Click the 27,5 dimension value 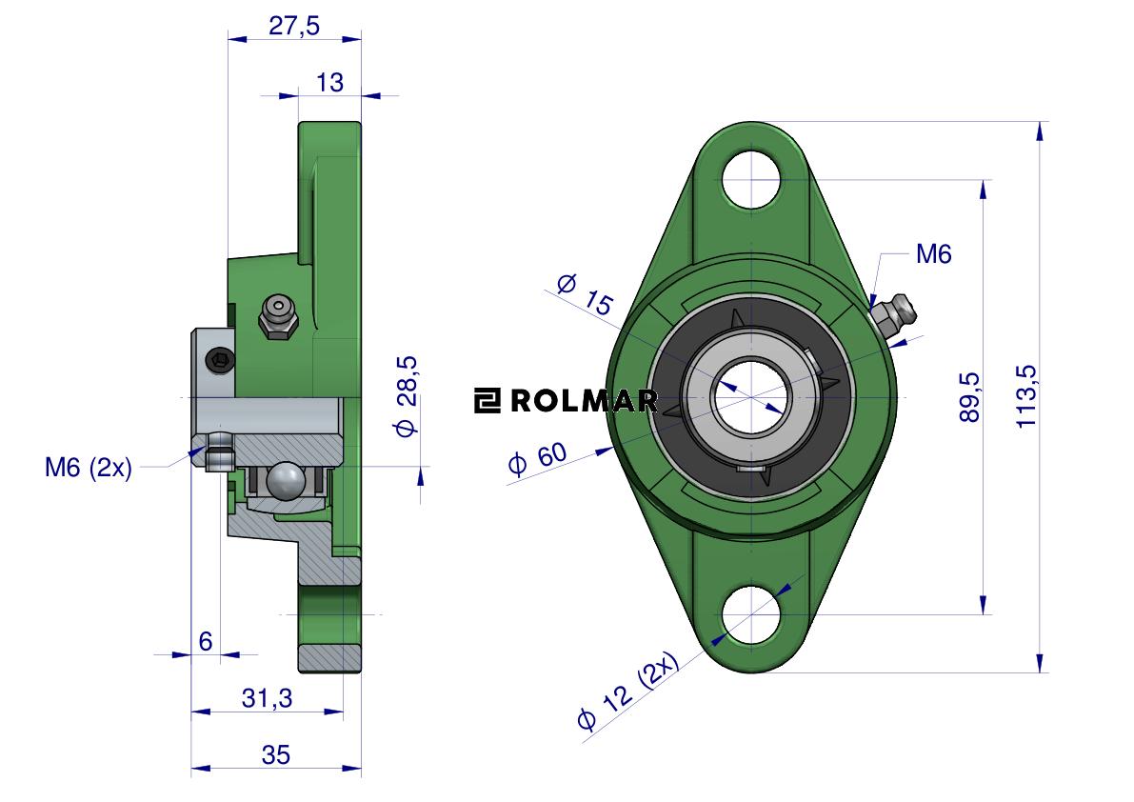coord(293,26)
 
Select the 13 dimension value coord(329,83)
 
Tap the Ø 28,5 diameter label coord(406,396)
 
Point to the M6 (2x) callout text coord(89,468)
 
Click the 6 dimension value coord(206,641)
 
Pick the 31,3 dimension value coord(267,698)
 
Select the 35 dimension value coord(275,754)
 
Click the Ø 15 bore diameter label coord(586,294)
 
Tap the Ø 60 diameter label coord(538,459)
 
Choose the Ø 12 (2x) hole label coord(628,691)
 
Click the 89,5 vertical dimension coord(969,397)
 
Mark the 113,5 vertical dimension coord(1026,397)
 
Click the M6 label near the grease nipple coord(934,253)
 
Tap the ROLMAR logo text coord(567,401)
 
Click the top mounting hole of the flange coord(751,179)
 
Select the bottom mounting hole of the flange coord(751,614)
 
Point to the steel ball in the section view coord(285,480)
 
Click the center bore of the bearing coord(751,397)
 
